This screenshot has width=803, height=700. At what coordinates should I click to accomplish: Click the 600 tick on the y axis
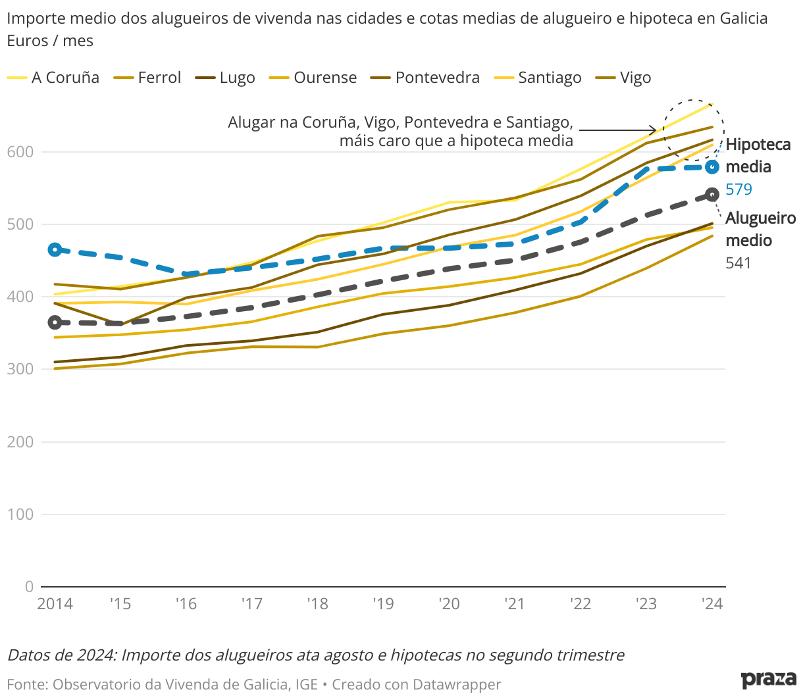pos(20,152)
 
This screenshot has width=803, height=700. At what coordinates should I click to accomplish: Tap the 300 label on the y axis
pos(20,369)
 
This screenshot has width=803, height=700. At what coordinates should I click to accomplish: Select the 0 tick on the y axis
pos(29,586)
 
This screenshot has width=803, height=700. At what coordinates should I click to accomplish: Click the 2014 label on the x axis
pos(55,604)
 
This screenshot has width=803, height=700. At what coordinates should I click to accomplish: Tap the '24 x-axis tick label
pos(712,604)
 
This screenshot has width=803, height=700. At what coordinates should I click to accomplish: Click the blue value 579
pos(738,189)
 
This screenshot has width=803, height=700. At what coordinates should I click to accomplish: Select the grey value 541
pos(738,263)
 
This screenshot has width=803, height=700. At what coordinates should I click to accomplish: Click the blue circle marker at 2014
pos(55,249)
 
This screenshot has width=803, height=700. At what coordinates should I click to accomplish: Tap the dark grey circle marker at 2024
pos(712,195)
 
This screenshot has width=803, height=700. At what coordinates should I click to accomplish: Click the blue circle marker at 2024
pos(712,167)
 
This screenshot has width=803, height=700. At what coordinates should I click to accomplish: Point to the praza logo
pos(768,679)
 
